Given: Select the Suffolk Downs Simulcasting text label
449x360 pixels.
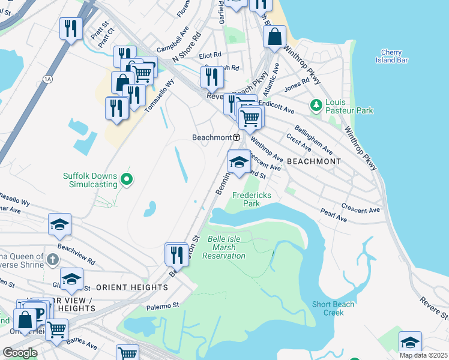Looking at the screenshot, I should (x=90, y=180).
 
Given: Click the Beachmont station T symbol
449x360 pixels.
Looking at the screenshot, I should (x=237, y=137).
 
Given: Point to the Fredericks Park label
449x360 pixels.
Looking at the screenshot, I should (x=252, y=199).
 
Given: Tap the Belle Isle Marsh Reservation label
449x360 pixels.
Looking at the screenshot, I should (x=226, y=247).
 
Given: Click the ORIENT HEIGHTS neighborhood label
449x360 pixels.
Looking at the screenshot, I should (x=131, y=287).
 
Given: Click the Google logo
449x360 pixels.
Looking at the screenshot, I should (x=20, y=353).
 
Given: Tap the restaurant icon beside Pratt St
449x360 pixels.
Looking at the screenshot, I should (x=71, y=28).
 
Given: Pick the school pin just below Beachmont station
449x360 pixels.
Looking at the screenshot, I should (x=239, y=162).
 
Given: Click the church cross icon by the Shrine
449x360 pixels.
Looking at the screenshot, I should (x=53, y=259).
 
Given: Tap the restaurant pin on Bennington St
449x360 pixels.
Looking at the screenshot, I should (x=176, y=254).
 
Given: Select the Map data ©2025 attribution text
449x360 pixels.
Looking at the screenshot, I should (x=423, y=355).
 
